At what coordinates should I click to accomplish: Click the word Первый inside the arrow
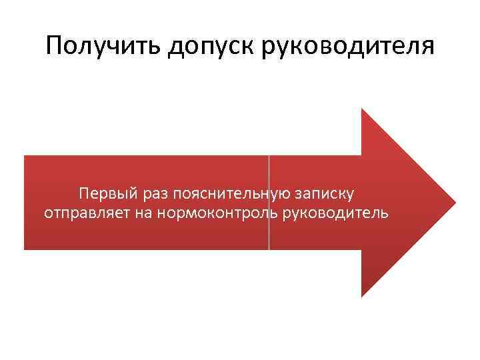[107, 194]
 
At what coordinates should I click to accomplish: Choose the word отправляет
[83, 214]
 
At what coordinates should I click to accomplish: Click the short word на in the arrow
[139, 214]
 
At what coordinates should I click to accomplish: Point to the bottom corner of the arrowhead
[362, 296]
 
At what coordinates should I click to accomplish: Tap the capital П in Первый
[83, 194]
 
